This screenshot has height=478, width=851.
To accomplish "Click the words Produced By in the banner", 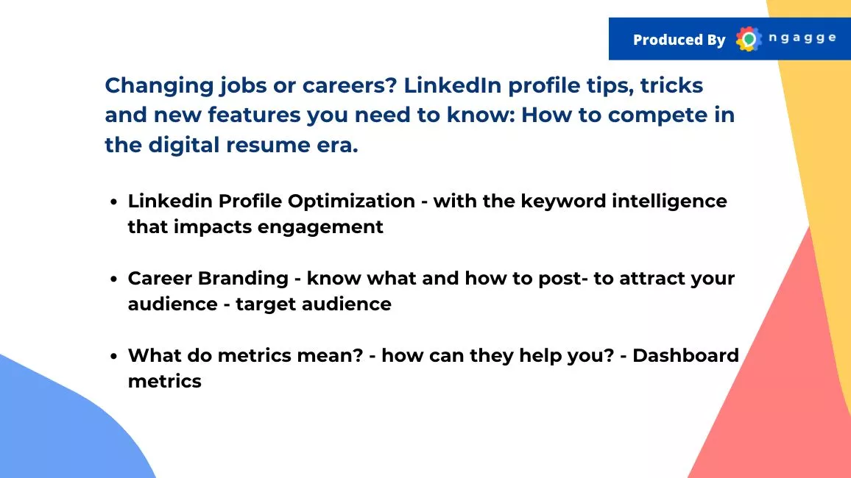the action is click(x=679, y=40).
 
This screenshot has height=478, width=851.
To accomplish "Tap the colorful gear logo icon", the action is click(x=749, y=39).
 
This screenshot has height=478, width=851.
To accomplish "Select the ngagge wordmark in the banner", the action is click(x=802, y=38).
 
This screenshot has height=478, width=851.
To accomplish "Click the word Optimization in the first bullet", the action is click(x=351, y=201).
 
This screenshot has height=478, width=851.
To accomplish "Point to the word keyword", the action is click(x=563, y=201).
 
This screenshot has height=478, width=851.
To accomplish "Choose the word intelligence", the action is click(x=669, y=201).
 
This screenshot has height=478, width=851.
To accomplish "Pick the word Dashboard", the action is click(x=685, y=355).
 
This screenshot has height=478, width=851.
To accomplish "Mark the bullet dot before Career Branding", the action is click(x=113, y=279).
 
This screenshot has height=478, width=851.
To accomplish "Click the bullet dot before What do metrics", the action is click(x=113, y=357).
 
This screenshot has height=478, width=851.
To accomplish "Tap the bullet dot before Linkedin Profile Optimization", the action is click(x=113, y=202).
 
